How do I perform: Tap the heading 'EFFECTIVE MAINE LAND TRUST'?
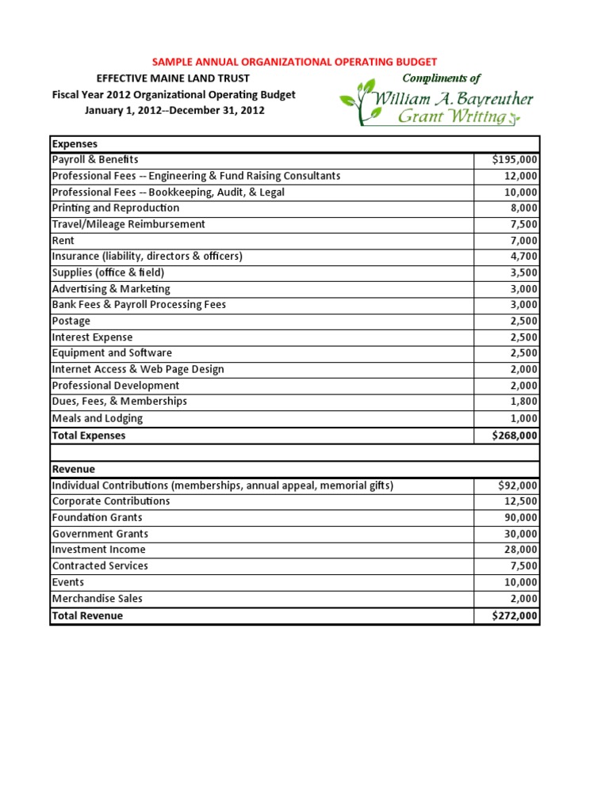[173, 78]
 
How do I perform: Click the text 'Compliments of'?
[442, 78]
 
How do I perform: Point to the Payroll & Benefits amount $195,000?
[515, 160]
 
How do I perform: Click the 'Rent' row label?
[63, 240]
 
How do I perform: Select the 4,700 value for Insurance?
[523, 257]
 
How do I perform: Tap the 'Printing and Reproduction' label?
[116, 208]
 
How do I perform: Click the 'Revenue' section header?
[73, 469]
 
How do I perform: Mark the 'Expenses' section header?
[75, 144]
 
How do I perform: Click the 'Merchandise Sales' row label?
[98, 599]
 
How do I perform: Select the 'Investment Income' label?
[98, 550]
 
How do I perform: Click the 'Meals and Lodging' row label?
[98, 418]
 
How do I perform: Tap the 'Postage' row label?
[71, 321]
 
